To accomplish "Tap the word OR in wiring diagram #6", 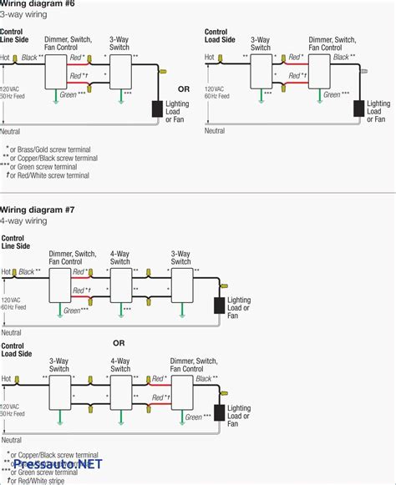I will [x=182, y=88].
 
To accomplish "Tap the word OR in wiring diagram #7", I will [x=119, y=342].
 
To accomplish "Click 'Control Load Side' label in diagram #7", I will [x=18, y=350].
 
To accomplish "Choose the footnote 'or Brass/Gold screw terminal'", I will [x=54, y=148].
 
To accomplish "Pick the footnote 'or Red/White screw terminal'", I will [x=53, y=175].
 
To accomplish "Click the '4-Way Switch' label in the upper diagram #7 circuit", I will [x=120, y=257].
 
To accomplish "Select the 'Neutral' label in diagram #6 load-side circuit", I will [x=215, y=131].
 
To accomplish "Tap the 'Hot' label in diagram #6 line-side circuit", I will [x=6, y=58].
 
